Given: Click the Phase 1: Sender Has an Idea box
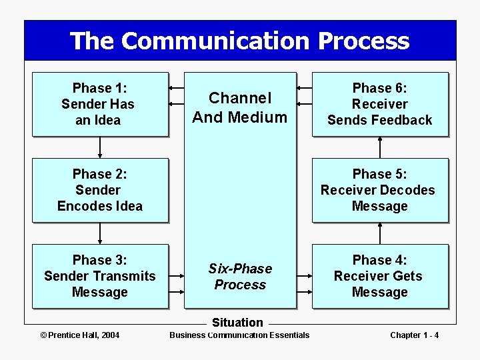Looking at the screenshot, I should point(100,104).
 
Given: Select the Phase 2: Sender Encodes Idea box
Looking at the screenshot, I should point(100,190).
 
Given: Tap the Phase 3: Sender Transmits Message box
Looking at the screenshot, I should point(100,276).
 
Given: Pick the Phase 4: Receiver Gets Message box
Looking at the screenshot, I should point(380,276).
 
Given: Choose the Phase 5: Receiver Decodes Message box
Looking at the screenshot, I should point(380,190).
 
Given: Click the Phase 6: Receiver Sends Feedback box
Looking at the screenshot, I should point(380,104).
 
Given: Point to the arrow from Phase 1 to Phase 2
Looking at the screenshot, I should point(100,147).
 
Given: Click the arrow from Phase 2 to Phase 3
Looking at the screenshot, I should point(100,233).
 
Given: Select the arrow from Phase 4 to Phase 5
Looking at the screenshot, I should point(380,233).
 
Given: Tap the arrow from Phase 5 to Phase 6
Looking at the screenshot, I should point(380,147).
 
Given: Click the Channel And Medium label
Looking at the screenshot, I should point(240,108).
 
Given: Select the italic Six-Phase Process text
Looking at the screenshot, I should point(240,277).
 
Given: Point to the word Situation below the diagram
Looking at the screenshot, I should point(237,323).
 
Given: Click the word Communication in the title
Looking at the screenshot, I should point(216,41).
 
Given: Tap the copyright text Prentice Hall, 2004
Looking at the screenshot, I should point(80,335).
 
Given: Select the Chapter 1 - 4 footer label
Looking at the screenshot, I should point(414,335).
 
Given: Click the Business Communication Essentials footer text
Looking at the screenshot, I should point(239,335).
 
